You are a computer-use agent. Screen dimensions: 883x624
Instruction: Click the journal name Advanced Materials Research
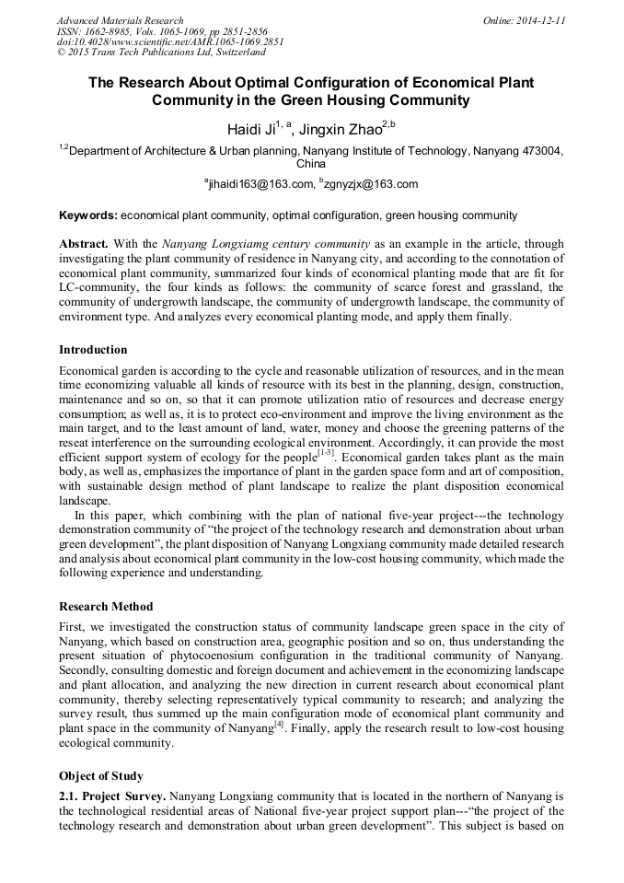coord(121,20)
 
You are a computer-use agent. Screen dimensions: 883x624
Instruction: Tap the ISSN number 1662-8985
coord(112,31)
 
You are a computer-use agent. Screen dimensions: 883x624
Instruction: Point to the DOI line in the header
coord(171,42)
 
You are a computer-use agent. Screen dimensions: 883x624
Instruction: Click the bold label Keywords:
coord(88,215)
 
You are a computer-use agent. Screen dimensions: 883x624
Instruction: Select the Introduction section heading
coord(93,350)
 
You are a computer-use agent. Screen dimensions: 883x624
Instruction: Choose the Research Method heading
coord(106,607)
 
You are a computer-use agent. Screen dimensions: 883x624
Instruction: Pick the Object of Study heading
coord(100,775)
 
